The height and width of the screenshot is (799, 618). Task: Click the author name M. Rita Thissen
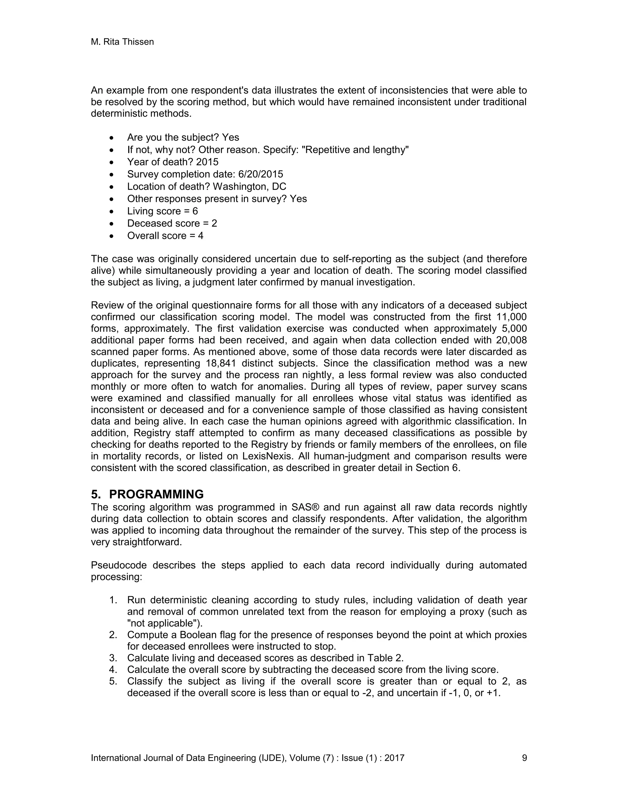click(122, 42)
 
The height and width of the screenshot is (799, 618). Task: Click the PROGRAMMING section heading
click(156, 494)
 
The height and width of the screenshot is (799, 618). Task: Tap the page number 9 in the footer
click(524, 758)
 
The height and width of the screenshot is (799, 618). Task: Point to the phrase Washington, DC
click(249, 187)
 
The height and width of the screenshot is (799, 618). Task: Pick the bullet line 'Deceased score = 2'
click(172, 223)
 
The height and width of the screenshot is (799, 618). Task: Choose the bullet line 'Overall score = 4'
click(165, 235)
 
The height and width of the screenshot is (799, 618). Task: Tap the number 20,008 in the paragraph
click(511, 340)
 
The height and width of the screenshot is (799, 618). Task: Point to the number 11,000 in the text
click(511, 317)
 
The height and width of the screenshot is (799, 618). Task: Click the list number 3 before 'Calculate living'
click(113, 658)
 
